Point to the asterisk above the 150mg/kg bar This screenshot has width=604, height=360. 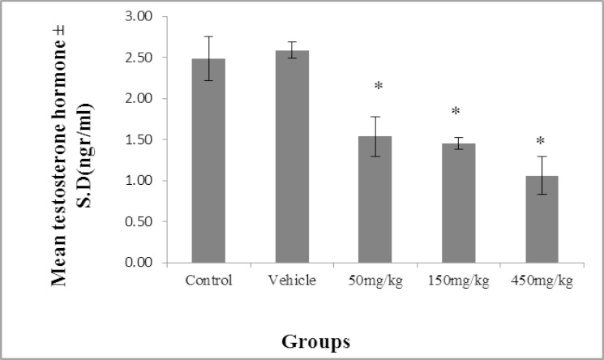[x=456, y=112]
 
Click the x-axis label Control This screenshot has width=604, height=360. [x=208, y=281]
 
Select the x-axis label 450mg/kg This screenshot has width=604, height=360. [x=542, y=281]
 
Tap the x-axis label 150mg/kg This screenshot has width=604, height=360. [x=458, y=281]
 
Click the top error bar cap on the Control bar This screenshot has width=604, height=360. [x=208, y=36]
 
